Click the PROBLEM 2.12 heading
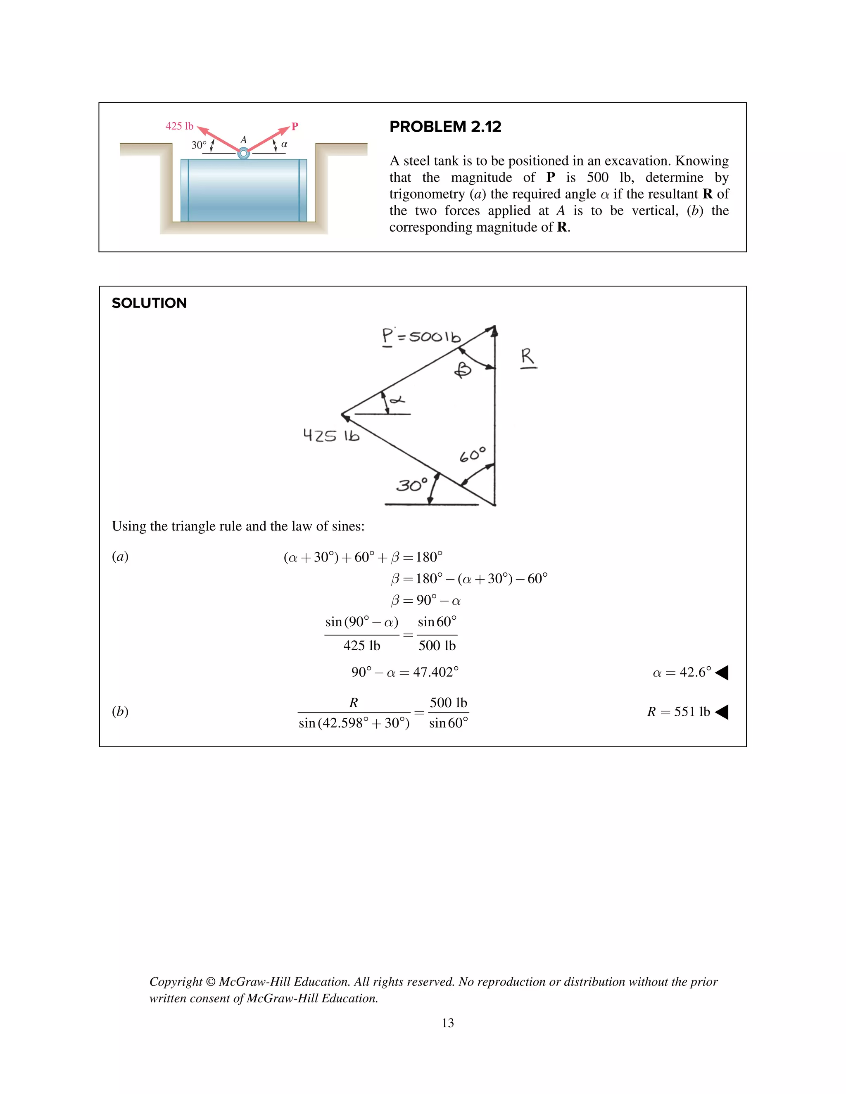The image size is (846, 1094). coord(445,127)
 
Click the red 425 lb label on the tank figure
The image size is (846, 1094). coord(179,126)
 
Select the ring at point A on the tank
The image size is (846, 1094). coord(244,153)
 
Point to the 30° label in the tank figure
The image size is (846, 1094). coord(198,145)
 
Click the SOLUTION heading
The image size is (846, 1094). coord(150,303)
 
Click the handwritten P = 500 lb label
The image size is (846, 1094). coord(421,336)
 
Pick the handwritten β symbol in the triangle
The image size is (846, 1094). coord(463,371)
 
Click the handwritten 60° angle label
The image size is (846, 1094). coord(473,455)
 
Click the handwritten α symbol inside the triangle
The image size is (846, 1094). coord(397,400)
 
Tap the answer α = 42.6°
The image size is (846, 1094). coord(682,672)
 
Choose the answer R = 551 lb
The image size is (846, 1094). coord(679,712)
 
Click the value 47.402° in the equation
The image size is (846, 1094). coord(435,672)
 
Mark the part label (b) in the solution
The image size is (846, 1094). coord(120,711)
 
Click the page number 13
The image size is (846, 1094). coord(447,1023)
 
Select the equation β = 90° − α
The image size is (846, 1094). coord(425,600)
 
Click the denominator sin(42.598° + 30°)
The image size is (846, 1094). coord(354,723)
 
